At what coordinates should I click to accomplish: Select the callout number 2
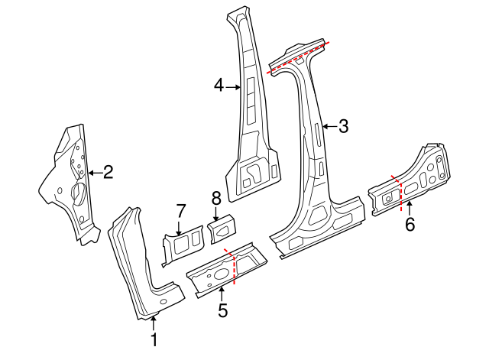(x=108, y=172)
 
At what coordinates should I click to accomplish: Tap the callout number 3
(x=343, y=127)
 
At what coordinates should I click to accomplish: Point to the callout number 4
(x=219, y=87)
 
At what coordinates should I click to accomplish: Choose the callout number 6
(x=410, y=224)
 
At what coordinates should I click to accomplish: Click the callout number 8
(x=215, y=198)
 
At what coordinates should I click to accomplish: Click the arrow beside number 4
(x=234, y=87)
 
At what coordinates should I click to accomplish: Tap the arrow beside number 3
(x=329, y=127)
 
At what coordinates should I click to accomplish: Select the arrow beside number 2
(x=93, y=173)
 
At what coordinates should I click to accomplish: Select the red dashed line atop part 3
(x=299, y=56)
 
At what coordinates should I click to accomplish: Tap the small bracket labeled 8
(x=222, y=229)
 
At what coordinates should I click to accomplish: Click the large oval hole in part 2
(x=77, y=191)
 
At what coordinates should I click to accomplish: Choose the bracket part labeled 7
(x=180, y=246)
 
